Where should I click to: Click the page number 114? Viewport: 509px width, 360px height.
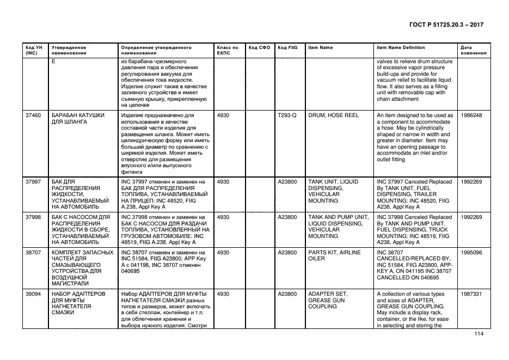(479, 334)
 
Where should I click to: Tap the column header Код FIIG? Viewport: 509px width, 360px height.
(287, 47)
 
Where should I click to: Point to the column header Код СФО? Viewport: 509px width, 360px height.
(259, 47)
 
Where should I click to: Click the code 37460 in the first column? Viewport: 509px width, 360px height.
(33, 115)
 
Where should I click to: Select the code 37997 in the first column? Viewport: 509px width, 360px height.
(33, 181)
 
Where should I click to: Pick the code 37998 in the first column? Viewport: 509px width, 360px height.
(33, 217)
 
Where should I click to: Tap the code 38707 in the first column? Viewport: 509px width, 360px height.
(33, 253)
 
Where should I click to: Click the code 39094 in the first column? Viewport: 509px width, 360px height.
(33, 294)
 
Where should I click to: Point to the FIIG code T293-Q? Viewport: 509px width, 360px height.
(287, 115)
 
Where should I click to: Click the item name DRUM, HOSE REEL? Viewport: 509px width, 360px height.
(333, 115)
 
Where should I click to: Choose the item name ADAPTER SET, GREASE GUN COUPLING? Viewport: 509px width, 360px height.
(328, 300)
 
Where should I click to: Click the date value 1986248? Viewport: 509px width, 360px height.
(471, 115)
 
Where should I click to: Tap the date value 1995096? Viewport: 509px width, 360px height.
(471, 253)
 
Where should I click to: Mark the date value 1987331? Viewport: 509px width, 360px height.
(471, 294)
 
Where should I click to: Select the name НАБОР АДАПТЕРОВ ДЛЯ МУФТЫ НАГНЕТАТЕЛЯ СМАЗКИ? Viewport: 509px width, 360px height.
(77, 303)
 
